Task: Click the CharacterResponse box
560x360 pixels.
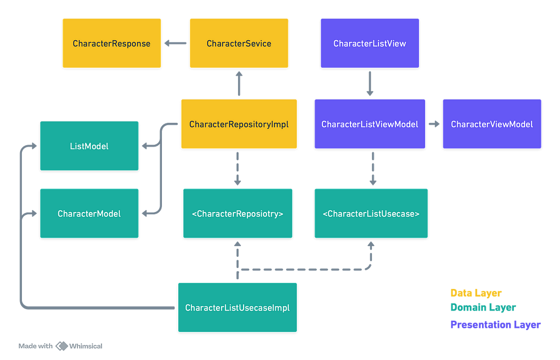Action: point(112,43)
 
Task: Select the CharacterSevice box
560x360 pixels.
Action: point(239,43)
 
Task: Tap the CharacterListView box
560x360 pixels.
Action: point(370,43)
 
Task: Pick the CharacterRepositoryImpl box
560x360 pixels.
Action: point(239,124)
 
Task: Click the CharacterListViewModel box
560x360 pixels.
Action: point(370,124)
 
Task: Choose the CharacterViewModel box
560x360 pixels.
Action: point(492,124)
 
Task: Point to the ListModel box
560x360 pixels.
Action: point(89,146)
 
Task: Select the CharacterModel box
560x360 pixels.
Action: point(89,213)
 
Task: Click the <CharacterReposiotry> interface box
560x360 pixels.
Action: point(238,213)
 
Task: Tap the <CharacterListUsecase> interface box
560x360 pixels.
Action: point(371,213)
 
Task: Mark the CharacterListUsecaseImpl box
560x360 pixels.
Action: point(237,307)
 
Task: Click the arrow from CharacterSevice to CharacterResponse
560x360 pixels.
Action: point(175,43)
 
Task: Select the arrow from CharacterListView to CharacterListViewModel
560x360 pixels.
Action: point(370,83)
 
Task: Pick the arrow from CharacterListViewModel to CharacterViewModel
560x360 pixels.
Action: point(434,124)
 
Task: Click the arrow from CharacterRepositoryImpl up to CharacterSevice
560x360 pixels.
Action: point(239,84)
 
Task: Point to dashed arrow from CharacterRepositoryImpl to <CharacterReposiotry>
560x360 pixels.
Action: point(238,168)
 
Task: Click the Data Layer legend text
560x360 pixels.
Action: point(476,293)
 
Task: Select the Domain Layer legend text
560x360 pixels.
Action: point(483,307)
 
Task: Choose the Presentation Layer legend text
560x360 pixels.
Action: point(495,325)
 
